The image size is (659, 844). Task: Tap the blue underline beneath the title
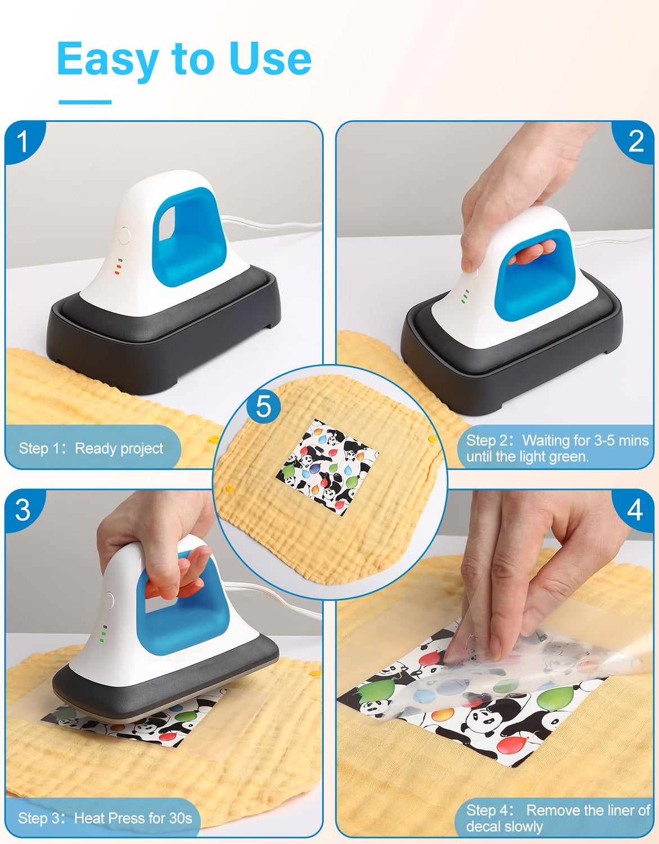click(x=85, y=102)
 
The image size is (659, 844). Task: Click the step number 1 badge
click(x=22, y=141)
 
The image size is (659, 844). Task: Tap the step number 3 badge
click(x=22, y=510)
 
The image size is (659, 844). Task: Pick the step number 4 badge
click(x=635, y=510)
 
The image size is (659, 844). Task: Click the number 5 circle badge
click(x=263, y=406)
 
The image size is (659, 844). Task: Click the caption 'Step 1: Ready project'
click(x=91, y=448)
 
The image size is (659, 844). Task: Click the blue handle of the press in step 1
click(x=188, y=236)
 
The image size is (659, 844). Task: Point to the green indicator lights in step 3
click(x=103, y=634)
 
